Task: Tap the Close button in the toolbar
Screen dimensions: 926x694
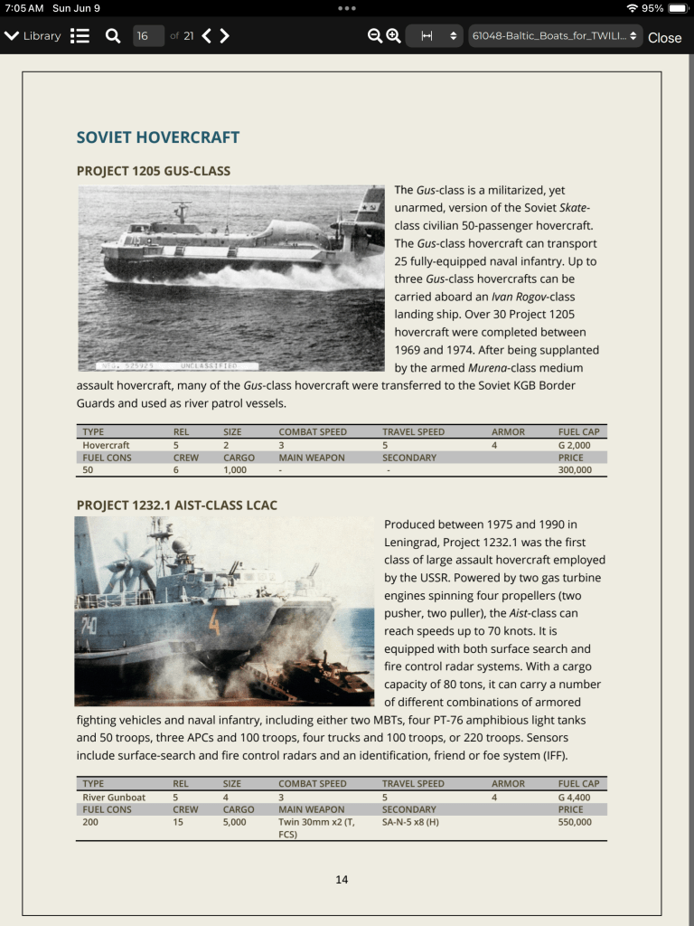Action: pyautogui.click(x=664, y=37)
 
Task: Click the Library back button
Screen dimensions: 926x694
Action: pyautogui.click(x=33, y=36)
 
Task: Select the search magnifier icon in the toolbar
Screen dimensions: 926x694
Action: pyautogui.click(x=113, y=36)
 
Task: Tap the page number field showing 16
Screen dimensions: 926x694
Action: pyautogui.click(x=144, y=36)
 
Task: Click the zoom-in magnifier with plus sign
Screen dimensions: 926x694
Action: pyautogui.click(x=393, y=36)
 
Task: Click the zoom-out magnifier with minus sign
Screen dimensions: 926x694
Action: pyautogui.click(x=375, y=36)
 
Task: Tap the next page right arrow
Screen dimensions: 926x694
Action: pyautogui.click(x=225, y=36)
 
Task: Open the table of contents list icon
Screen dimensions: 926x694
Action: pyautogui.click(x=80, y=36)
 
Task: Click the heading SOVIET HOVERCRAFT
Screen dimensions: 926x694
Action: pyautogui.click(x=158, y=137)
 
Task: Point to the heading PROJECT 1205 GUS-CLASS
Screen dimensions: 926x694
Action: pyautogui.click(x=154, y=171)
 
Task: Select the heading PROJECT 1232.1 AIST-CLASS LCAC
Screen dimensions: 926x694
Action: pyautogui.click(x=177, y=505)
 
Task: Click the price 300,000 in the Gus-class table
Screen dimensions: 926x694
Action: pyautogui.click(x=575, y=470)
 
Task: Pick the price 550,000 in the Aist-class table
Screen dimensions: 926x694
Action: pyautogui.click(x=575, y=822)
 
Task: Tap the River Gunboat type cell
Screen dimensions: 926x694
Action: pyautogui.click(x=112, y=797)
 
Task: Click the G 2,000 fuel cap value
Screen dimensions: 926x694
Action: pyautogui.click(x=575, y=445)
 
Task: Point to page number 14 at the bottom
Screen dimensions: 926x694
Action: pyautogui.click(x=342, y=879)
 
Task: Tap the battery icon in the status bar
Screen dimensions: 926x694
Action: pyautogui.click(x=678, y=8)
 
